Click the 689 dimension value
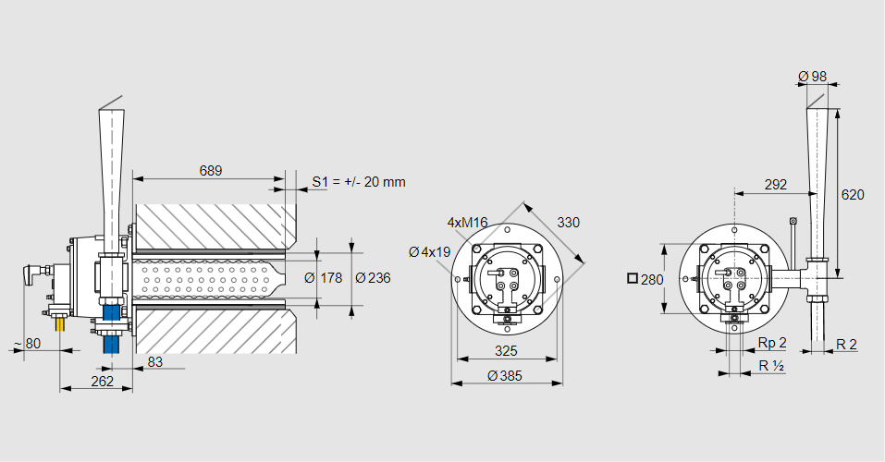[x=211, y=171]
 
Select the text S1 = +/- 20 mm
[x=359, y=182]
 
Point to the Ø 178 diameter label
[x=324, y=278]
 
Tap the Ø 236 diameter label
[x=373, y=278]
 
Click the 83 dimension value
[x=154, y=362]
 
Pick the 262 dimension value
[x=103, y=381]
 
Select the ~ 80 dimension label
[x=27, y=345]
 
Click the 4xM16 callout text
[x=467, y=223]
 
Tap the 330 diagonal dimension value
[x=569, y=222]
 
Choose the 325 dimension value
[x=506, y=351]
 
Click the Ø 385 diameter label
[x=506, y=375]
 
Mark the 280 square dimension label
[x=645, y=278]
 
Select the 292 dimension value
[x=777, y=185]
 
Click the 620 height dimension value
[x=853, y=195]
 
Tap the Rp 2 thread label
[x=772, y=344]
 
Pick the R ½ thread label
[x=771, y=366]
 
